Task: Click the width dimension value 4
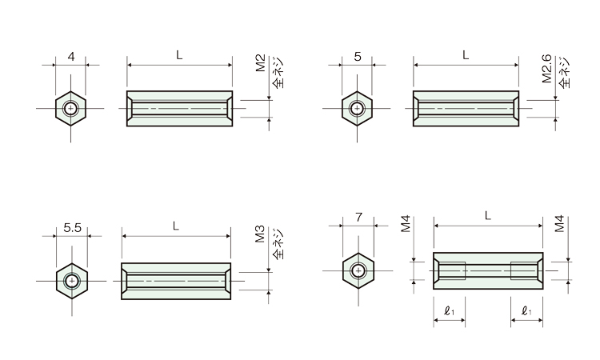click(x=71, y=57)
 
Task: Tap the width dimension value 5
click(x=358, y=57)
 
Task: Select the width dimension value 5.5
click(x=72, y=228)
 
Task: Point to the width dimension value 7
click(x=358, y=218)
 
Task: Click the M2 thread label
click(x=261, y=63)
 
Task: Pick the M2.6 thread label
click(x=547, y=69)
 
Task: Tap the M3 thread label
click(x=260, y=234)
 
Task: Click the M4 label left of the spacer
click(x=406, y=224)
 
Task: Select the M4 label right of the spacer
click(x=559, y=224)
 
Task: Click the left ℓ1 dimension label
click(x=450, y=311)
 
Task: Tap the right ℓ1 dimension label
click(x=526, y=311)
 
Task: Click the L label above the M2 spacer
click(x=179, y=55)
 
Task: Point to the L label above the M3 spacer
click(x=176, y=226)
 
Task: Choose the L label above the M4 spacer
click(x=487, y=216)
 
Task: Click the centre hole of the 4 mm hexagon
click(x=70, y=108)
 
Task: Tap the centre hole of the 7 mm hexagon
click(x=358, y=271)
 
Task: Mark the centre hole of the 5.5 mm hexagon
click(x=72, y=281)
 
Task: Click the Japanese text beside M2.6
click(x=565, y=72)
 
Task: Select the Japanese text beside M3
click(x=278, y=243)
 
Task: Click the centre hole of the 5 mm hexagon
click(x=357, y=108)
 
